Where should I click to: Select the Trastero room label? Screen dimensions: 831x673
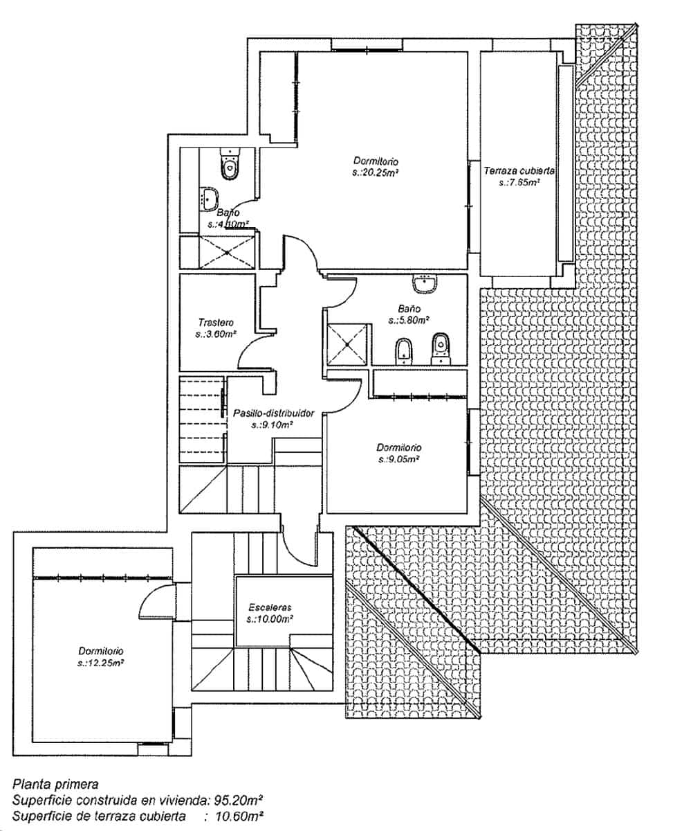[216, 322]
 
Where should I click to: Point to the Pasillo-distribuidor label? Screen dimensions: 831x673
[273, 413]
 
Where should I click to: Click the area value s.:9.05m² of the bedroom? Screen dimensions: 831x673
[399, 458]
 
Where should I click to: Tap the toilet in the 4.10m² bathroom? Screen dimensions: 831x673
[228, 165]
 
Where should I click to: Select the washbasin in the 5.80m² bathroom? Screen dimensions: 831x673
[424, 283]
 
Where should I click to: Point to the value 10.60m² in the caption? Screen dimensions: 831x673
[241, 817]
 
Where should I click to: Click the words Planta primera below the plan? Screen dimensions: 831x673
[55, 785]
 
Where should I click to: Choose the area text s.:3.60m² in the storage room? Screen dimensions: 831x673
[216, 334]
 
